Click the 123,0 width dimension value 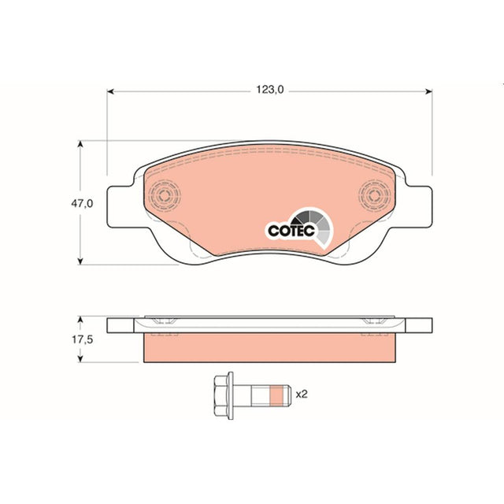[x=269, y=89]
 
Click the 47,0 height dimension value [x=82, y=203]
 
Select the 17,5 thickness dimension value [x=82, y=339]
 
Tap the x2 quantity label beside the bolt [x=302, y=394]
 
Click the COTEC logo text [x=291, y=231]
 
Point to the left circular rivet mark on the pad [x=165, y=195]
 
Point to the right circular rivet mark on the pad [x=375, y=195]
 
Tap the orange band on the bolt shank [x=276, y=395]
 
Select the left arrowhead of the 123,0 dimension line [x=110, y=91]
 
